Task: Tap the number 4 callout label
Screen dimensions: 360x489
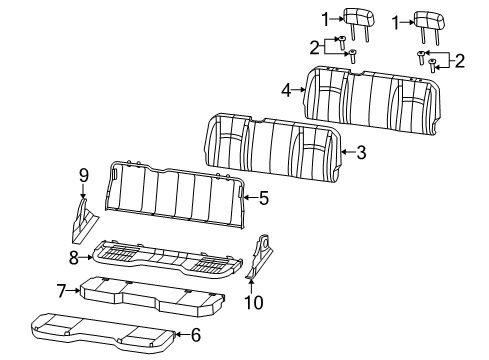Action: coord(285,89)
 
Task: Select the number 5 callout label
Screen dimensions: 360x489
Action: coord(263,198)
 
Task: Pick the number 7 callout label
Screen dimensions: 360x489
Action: coord(61,290)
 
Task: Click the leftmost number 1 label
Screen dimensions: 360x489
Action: coord(323,18)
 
